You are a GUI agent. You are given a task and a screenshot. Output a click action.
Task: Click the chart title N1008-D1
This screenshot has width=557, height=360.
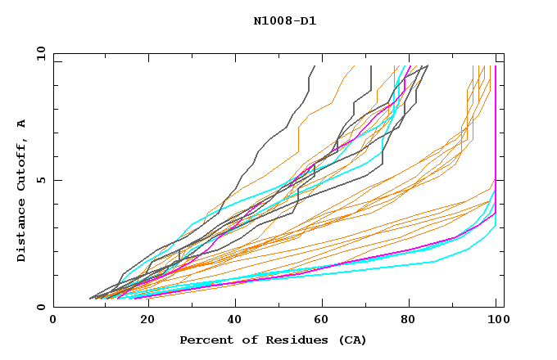coord(285,20)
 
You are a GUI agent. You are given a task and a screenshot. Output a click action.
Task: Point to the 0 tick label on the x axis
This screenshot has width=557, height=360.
coord(53,321)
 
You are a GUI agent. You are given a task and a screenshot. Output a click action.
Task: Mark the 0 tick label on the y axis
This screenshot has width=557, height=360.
coord(40,308)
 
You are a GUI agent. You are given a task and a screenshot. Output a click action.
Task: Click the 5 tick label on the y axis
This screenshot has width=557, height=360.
coord(40,180)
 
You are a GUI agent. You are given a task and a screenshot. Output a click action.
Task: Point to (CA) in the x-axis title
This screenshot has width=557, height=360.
coord(351,340)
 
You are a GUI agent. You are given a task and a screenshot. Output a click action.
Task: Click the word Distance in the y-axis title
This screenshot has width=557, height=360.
coord(21,232)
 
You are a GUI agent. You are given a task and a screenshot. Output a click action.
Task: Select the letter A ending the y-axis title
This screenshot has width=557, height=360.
coord(21,124)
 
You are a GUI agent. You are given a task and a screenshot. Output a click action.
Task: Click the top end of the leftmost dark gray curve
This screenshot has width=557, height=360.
coord(314,66)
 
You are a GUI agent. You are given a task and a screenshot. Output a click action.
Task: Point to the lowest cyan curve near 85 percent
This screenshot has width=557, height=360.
coord(433,262)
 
